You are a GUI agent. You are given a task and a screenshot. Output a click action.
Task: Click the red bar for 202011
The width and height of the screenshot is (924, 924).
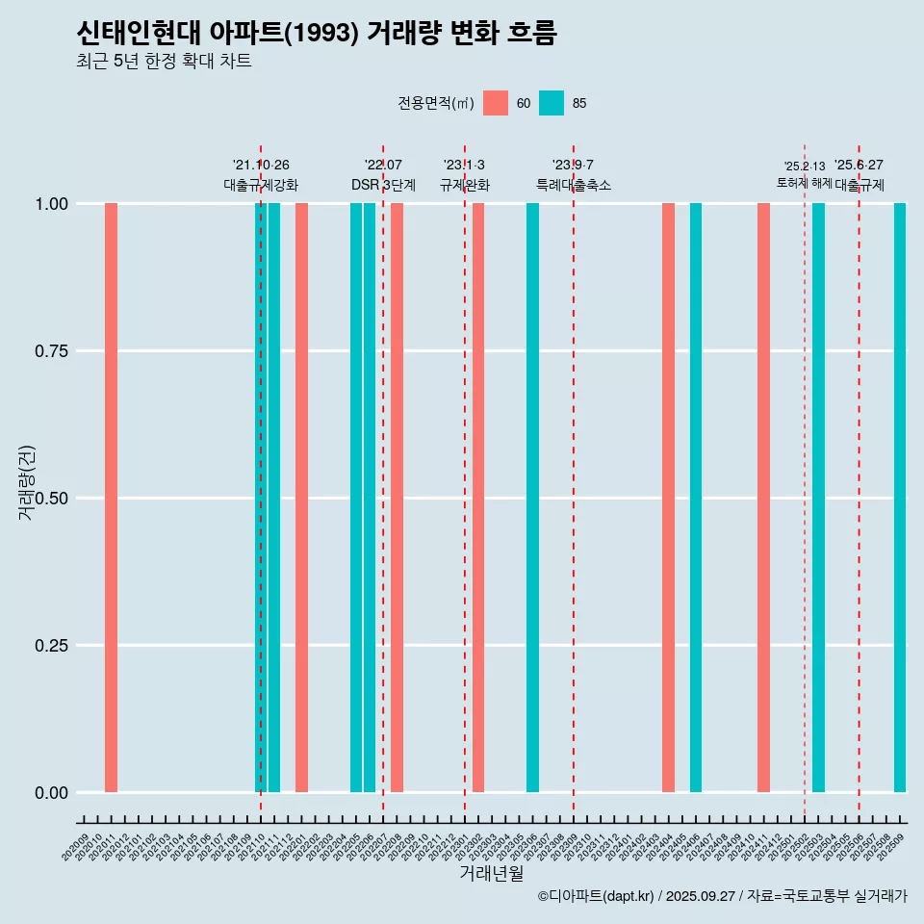click(111, 498)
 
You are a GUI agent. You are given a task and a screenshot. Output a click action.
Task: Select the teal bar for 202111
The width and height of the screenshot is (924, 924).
click(274, 498)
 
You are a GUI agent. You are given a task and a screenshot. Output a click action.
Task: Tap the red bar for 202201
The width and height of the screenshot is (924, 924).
click(301, 498)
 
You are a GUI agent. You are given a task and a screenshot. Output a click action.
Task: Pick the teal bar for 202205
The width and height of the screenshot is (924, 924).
click(356, 498)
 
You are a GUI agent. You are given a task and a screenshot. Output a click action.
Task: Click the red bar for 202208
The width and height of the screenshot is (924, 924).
click(397, 498)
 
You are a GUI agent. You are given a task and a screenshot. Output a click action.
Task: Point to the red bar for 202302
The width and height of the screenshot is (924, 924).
click(478, 498)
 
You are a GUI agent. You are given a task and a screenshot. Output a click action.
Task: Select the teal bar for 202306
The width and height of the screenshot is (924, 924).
click(532, 498)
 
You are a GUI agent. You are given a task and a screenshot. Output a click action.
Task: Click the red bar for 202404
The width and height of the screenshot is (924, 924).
click(668, 498)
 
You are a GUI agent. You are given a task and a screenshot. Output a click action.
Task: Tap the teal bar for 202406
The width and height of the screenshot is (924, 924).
click(696, 498)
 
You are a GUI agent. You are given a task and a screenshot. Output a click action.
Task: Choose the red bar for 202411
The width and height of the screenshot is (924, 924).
click(763, 498)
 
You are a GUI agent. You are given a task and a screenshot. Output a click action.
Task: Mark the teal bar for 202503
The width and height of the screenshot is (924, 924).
click(818, 498)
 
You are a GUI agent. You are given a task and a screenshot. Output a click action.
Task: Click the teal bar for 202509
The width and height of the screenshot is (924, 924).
click(900, 498)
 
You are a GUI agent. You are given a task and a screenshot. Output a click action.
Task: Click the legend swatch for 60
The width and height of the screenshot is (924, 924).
click(496, 103)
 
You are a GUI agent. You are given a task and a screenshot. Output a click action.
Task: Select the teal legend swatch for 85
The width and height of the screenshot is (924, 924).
click(552, 103)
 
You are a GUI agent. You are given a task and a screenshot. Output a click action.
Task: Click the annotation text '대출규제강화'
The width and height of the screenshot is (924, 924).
click(261, 185)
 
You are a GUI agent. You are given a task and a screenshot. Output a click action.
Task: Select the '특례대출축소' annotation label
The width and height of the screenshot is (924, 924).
click(574, 185)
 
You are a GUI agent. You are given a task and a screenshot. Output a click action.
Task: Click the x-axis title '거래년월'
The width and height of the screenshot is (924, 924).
click(491, 874)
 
